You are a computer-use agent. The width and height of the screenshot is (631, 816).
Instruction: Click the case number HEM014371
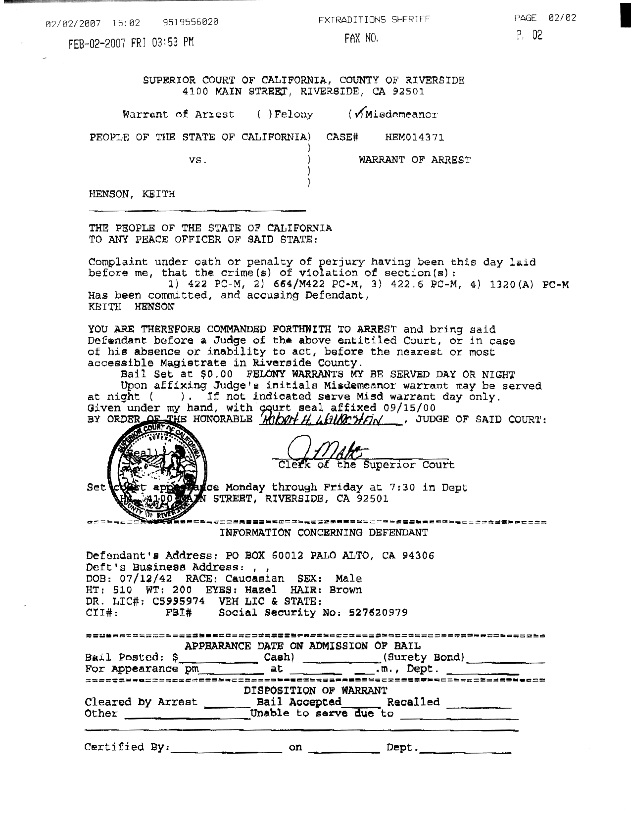tap(414, 137)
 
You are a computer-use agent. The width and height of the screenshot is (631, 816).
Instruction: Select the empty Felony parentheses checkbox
tap(264, 115)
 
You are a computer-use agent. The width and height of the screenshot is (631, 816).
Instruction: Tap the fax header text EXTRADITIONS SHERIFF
tap(374, 20)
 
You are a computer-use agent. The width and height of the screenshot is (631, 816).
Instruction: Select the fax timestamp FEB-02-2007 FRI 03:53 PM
tap(131, 43)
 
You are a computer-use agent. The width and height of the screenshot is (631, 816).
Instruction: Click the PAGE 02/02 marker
tap(545, 18)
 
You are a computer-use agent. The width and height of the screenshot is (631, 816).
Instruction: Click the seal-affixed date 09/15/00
tap(409, 408)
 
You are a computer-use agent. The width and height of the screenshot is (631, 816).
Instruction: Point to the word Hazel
tap(259, 590)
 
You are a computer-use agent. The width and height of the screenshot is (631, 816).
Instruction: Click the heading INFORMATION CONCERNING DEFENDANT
tap(324, 533)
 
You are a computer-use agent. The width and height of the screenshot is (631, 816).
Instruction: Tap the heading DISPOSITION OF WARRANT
tap(315, 690)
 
